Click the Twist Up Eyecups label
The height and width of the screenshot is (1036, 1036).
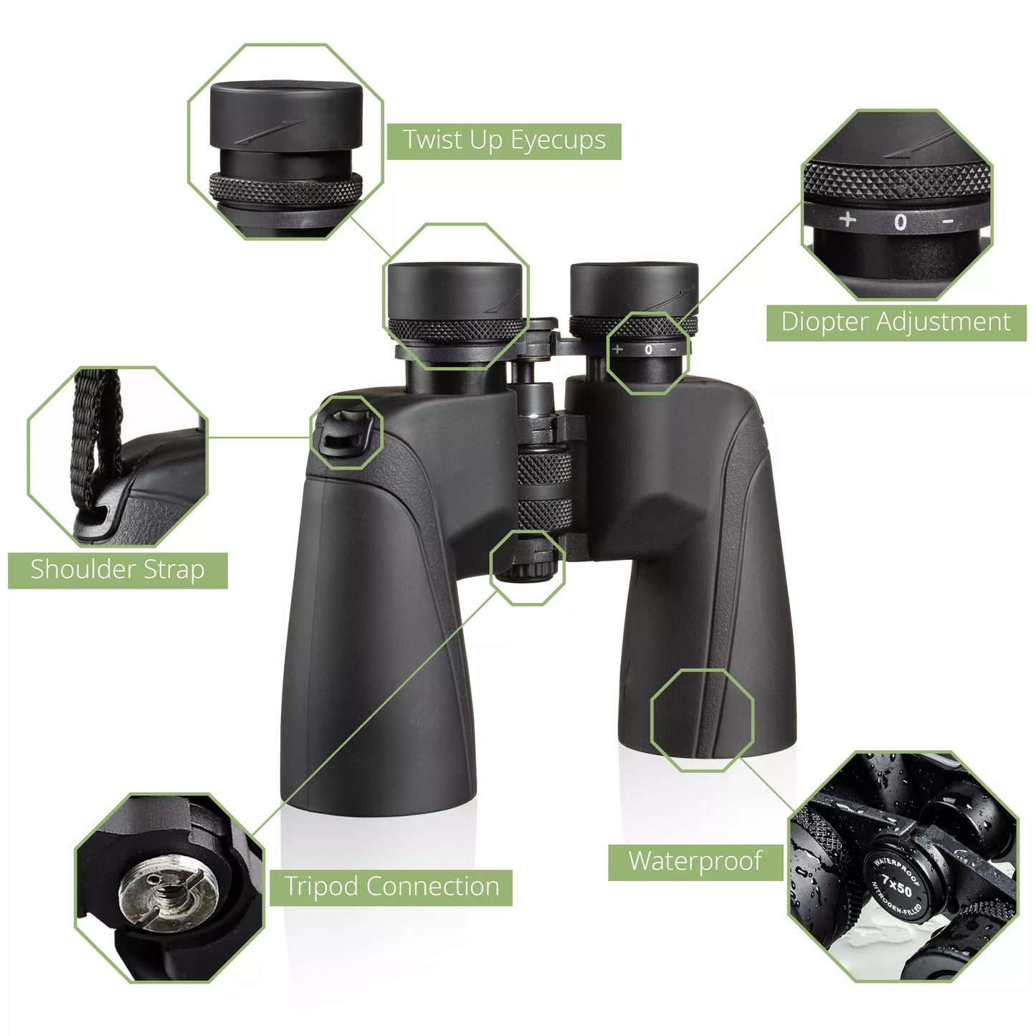point(504,141)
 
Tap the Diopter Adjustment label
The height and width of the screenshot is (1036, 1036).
point(895,322)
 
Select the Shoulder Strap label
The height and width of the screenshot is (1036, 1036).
point(118,570)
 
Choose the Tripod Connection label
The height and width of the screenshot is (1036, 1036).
point(391,887)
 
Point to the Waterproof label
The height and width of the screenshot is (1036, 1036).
point(695,861)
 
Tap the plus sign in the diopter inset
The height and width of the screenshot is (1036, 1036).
point(848,219)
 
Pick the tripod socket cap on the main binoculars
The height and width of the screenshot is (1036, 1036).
point(528,569)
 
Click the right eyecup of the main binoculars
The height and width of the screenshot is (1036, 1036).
point(634,290)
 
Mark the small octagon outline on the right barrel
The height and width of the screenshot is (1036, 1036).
point(702,719)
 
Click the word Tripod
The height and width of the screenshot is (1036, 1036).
point(321,887)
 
